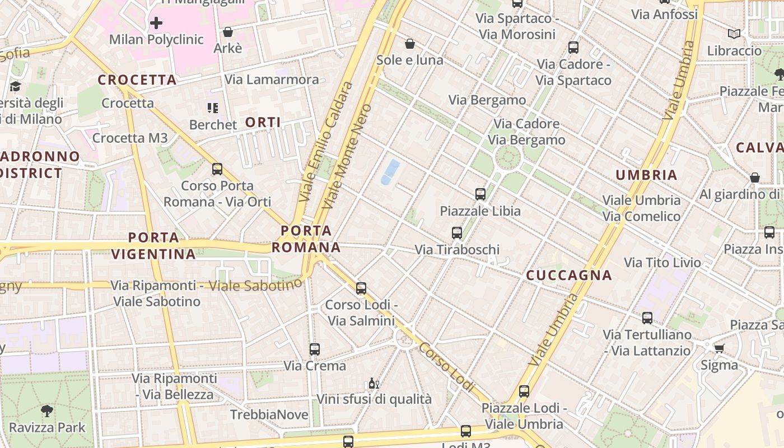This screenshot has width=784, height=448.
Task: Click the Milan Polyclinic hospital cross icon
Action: pyautogui.click(x=156, y=23)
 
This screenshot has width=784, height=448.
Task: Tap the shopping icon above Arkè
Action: pyautogui.click(x=228, y=32)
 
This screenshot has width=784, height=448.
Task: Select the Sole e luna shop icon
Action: pyautogui.click(x=410, y=44)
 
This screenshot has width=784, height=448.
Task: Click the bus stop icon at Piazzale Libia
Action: pyautogui.click(x=480, y=194)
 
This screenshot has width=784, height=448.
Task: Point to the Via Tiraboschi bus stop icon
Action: pyautogui.click(x=457, y=232)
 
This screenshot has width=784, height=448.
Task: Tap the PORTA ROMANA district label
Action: pyautogui.click(x=306, y=239)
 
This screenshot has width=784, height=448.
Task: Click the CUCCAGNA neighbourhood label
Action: pyautogui.click(x=569, y=276)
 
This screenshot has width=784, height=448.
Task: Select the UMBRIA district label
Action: pyautogui.click(x=647, y=175)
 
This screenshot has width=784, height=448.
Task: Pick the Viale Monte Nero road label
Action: pyautogui.click(x=348, y=156)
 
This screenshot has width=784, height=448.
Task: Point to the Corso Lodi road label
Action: pyautogui.click(x=446, y=367)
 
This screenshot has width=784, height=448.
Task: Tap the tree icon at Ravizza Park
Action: pyautogui.click(x=47, y=411)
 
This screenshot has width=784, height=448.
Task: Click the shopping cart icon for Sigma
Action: pyautogui.click(x=720, y=348)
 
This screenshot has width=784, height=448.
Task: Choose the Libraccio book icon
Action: pyautogui.click(x=734, y=34)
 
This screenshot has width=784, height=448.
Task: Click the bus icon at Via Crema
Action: pyautogui.click(x=315, y=349)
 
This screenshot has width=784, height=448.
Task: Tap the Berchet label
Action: pyautogui.click(x=213, y=124)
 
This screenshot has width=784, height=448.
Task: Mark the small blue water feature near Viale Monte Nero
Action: pyautogui.click(x=390, y=171)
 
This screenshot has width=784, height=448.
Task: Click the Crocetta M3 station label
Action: pyautogui.click(x=130, y=138)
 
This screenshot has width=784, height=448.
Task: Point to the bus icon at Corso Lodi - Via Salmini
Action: pyautogui.click(x=361, y=288)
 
